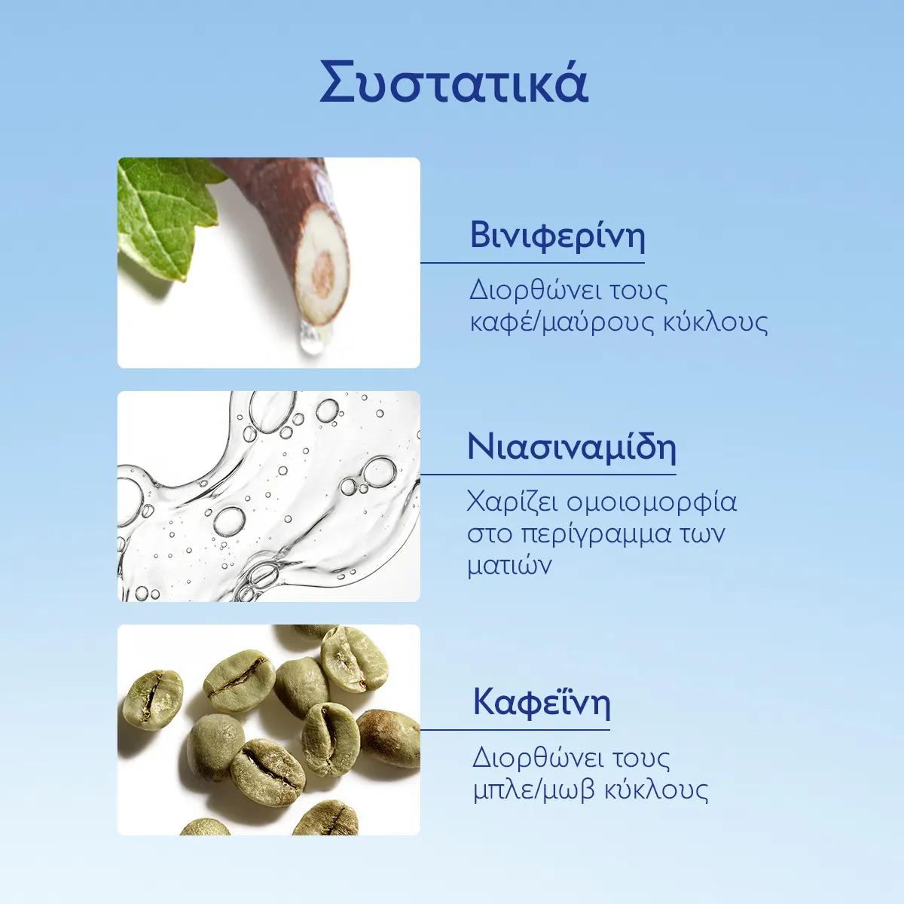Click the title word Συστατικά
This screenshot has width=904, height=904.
[x=454, y=82]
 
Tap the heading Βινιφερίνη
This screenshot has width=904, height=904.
[x=557, y=236]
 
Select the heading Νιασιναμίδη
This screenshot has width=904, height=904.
[x=572, y=447]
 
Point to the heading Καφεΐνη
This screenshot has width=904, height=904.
[x=542, y=702]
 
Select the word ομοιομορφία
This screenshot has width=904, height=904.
[x=652, y=502]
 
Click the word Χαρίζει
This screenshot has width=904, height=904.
[x=513, y=502]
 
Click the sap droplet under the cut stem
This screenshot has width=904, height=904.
[x=312, y=337]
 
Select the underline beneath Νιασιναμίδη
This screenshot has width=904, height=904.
[x=548, y=475]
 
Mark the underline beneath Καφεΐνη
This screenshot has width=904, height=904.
[x=515, y=729]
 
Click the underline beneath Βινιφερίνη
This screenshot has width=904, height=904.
[x=533, y=263]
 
